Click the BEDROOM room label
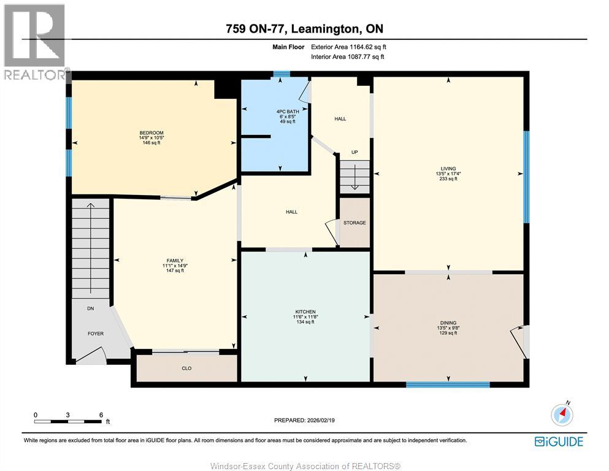[151, 132]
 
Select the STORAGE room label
[354, 223]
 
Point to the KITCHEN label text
[305, 312]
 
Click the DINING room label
[448, 323]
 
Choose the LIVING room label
[448, 169]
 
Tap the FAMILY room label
[173, 260]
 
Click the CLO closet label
[187, 369]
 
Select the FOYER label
[95, 334]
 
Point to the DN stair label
[90, 308]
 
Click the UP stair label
[354, 152]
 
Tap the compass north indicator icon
[562, 415]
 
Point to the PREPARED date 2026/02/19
[304, 420]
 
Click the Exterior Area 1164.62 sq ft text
[348, 47]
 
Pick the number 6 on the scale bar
[101, 415]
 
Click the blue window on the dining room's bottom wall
[448, 385]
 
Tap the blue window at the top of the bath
[282, 74]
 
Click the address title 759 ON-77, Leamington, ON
[304, 29]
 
